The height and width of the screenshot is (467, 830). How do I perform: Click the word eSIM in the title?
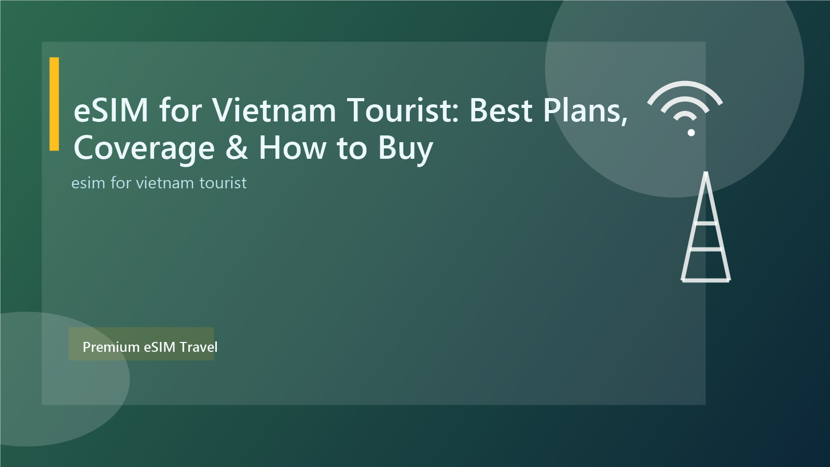point(111,111)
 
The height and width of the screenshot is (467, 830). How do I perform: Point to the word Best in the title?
point(501,111)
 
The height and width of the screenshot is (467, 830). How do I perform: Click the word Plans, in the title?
point(585,111)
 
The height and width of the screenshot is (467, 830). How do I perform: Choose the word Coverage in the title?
point(144,148)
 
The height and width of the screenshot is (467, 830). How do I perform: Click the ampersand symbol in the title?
point(237,148)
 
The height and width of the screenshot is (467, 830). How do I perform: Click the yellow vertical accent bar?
point(54,104)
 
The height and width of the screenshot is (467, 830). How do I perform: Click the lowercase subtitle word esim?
point(88,183)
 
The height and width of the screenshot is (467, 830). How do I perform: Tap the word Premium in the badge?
point(111,347)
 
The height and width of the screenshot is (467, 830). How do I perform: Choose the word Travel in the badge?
point(198,347)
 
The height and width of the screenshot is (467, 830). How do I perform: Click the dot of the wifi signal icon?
point(691,133)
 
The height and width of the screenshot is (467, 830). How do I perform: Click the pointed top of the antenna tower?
point(706,174)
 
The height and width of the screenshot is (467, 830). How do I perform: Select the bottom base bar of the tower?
point(706,280)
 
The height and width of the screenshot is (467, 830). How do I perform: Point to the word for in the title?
point(180,111)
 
